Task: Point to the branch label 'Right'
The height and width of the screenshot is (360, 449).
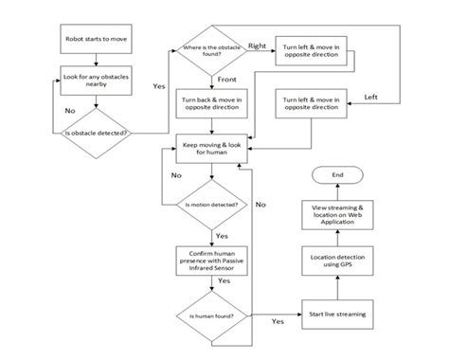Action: tap(258, 44)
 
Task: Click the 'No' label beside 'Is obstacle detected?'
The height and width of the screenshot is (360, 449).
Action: tap(70, 111)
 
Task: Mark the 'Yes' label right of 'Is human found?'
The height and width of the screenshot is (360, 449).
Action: tap(278, 321)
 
